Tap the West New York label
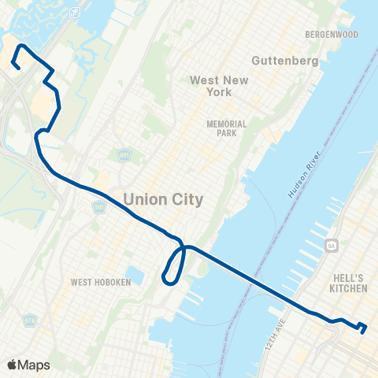click(x=210, y=86)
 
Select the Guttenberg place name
click(x=284, y=61)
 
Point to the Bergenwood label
click(x=332, y=35)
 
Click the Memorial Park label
click(x=226, y=128)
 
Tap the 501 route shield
click(x=123, y=155)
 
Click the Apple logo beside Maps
click(x=11, y=365)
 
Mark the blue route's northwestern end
click(x=16, y=69)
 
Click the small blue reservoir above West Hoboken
click(x=134, y=276)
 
